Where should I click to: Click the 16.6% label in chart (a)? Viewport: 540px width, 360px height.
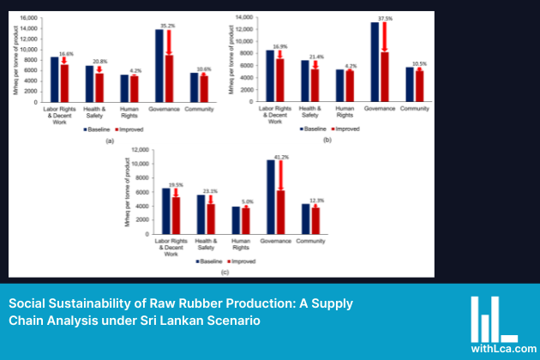coord(65,53)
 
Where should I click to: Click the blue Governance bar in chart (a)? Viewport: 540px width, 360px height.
coord(159,66)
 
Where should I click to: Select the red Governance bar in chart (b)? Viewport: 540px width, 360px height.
coord(384,76)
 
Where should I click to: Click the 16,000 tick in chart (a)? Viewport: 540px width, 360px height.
coord(28,18)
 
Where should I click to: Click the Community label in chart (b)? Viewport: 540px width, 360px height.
coord(414,109)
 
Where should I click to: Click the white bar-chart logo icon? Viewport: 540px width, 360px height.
coord(493,318)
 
